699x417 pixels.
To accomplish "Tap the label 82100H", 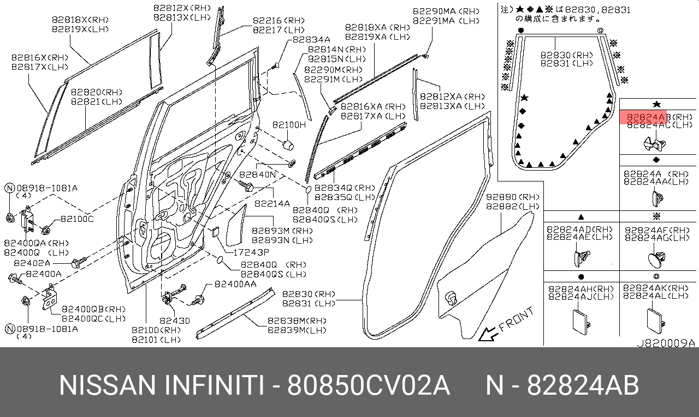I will pyautogui.click(x=289, y=125).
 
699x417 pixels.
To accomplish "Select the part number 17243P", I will pyautogui.click(x=251, y=253).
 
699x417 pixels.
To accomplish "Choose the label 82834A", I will pyautogui.click(x=311, y=40).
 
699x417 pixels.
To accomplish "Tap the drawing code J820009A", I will pyautogui.click(x=666, y=343).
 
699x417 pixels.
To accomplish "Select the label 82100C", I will pyautogui.click(x=77, y=219).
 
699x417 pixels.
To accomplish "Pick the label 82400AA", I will pyautogui.click(x=235, y=285).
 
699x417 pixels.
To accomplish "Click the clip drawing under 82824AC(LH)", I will pyautogui.click(x=655, y=143).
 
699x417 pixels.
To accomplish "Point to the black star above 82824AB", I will pyautogui.click(x=657, y=104).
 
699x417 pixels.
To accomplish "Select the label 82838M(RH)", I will pyautogui.click(x=297, y=321).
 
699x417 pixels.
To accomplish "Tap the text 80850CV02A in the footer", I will pyautogui.click(x=369, y=386).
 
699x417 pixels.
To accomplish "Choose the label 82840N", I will pyautogui.click(x=258, y=175).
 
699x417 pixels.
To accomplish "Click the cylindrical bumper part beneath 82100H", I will pyautogui.click(x=288, y=144).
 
